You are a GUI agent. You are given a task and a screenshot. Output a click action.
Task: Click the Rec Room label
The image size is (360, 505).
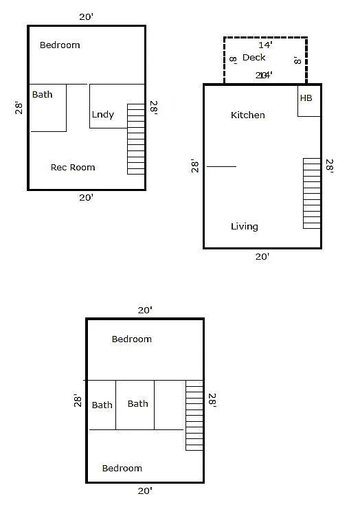pos(73,167)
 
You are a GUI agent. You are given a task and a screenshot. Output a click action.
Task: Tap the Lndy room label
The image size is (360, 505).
pos(102,115)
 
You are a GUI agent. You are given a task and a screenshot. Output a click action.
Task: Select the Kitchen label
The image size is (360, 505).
pos(247,115)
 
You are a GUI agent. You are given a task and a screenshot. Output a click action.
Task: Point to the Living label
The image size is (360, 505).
pos(245,226)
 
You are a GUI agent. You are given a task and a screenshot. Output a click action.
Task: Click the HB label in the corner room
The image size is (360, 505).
pos(306,98)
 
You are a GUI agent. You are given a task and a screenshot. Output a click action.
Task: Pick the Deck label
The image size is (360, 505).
pos(254,58)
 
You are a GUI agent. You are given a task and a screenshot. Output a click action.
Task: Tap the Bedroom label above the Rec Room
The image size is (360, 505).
pos(60,45)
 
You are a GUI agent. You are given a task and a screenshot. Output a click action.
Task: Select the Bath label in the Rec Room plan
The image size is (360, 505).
pos(42,94)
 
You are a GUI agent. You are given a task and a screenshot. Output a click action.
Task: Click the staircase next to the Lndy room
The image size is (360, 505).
pos(136,139)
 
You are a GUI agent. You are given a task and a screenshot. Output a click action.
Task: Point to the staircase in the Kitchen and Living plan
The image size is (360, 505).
pos(312,193)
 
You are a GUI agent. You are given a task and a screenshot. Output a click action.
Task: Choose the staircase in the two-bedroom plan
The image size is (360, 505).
pos(194,416)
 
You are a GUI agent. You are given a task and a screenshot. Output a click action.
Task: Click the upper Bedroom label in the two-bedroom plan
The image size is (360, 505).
pos(131,339)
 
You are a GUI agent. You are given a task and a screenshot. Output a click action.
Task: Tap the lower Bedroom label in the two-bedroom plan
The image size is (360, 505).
pos(122,468)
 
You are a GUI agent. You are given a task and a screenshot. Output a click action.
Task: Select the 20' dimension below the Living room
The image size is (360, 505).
pos(262,256)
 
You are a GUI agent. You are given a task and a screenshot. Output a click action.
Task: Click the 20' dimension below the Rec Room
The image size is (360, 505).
pos(86,197)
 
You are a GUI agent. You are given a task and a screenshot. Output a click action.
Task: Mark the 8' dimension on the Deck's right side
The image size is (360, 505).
pos(297,60)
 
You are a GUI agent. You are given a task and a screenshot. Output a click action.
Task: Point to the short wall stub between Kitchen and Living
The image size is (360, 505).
pos(221,166)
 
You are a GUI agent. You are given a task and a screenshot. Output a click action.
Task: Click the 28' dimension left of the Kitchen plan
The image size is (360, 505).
pos(196,166)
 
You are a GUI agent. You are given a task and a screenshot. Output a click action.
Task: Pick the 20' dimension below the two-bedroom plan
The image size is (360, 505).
pos(144,491)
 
